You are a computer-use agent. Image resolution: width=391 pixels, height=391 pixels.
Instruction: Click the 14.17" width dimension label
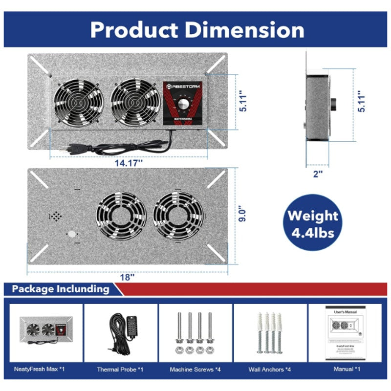pyautogui.click(x=129, y=163)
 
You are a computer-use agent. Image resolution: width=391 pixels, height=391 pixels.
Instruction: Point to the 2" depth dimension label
pyautogui.click(x=318, y=174)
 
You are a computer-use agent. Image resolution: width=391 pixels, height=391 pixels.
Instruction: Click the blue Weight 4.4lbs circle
pyautogui.click(x=313, y=224)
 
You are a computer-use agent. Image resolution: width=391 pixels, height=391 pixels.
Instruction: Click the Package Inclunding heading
pyautogui.click(x=61, y=289)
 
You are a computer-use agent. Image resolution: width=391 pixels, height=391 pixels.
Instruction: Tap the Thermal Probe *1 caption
pyautogui.click(x=121, y=369)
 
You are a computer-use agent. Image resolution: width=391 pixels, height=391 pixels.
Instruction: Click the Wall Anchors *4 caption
pyautogui.click(x=270, y=369)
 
